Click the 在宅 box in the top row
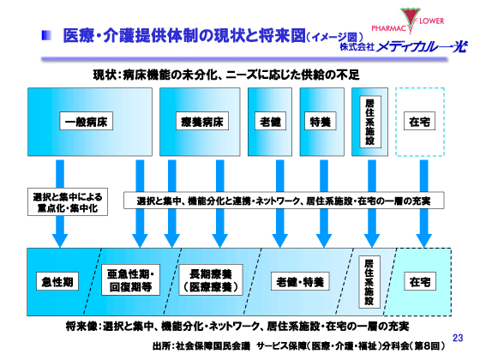(421, 123)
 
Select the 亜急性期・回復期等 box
(131, 280)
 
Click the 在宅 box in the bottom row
(420, 280)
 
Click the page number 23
(456, 338)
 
